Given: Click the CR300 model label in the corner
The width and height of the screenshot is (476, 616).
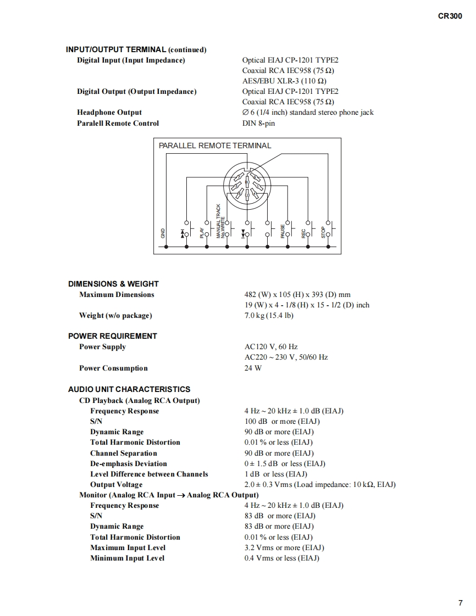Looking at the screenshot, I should coord(450,16).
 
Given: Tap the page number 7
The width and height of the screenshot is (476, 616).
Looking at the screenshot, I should coord(460,603).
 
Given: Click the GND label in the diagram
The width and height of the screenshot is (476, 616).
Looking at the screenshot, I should coord(163,232).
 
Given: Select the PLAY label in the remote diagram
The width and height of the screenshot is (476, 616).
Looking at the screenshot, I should coord(202,232).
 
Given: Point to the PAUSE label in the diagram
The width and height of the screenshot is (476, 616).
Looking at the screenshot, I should coord(283,231).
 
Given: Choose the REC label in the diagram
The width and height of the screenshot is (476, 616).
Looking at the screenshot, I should coord(303,233).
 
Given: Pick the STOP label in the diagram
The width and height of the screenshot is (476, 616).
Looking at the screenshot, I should coord(323,233).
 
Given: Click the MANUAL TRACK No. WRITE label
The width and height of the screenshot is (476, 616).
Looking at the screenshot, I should coord(220,221).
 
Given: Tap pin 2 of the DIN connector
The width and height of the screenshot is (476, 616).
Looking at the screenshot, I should coord(247,195).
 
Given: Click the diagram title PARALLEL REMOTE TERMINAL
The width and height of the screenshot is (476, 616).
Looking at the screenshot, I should coord(215,146).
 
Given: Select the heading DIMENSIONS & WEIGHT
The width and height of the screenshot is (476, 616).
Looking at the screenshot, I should coord(113,284).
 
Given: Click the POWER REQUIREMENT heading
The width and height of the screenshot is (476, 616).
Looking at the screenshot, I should coord(113,336).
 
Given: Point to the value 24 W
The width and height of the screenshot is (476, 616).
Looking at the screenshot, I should coord(253,368).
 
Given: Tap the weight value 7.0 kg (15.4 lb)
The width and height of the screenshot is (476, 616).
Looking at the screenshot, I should coord(269,316).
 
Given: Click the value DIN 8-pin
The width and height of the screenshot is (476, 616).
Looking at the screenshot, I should coord(258,124).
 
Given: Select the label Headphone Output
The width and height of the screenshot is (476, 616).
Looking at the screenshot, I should coord(109,113).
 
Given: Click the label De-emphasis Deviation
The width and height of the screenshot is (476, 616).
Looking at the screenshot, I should coord(129,464).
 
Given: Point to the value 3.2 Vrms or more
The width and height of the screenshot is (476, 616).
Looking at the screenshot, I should coord(284,548).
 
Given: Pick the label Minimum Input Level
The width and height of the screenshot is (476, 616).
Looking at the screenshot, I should coord(128,558).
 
